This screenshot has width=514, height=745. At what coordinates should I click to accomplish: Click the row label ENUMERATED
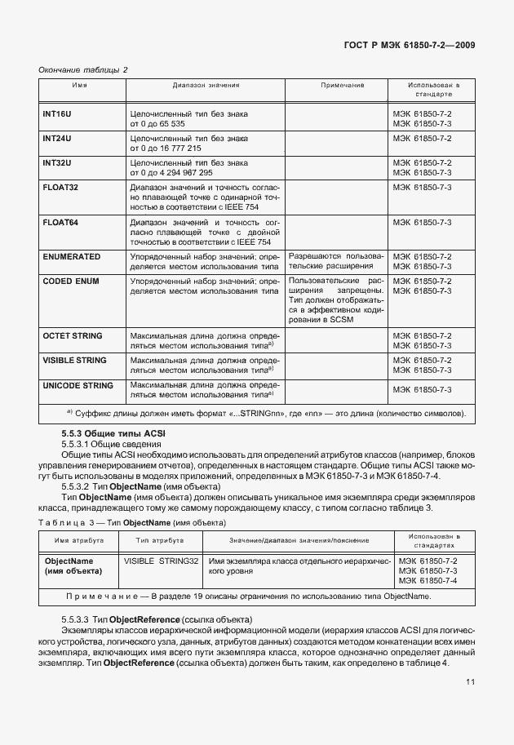[71, 256]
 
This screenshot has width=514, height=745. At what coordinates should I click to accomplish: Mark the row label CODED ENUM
[72, 281]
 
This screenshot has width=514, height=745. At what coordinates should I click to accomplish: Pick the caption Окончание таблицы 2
[83, 69]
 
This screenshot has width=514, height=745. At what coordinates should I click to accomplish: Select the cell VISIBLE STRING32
[162, 561]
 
